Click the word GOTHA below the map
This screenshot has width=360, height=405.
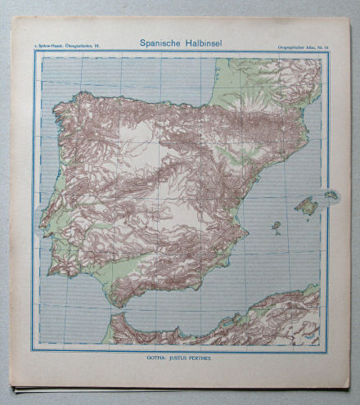(x=151, y=357)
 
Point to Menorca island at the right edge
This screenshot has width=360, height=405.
(x=331, y=195)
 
